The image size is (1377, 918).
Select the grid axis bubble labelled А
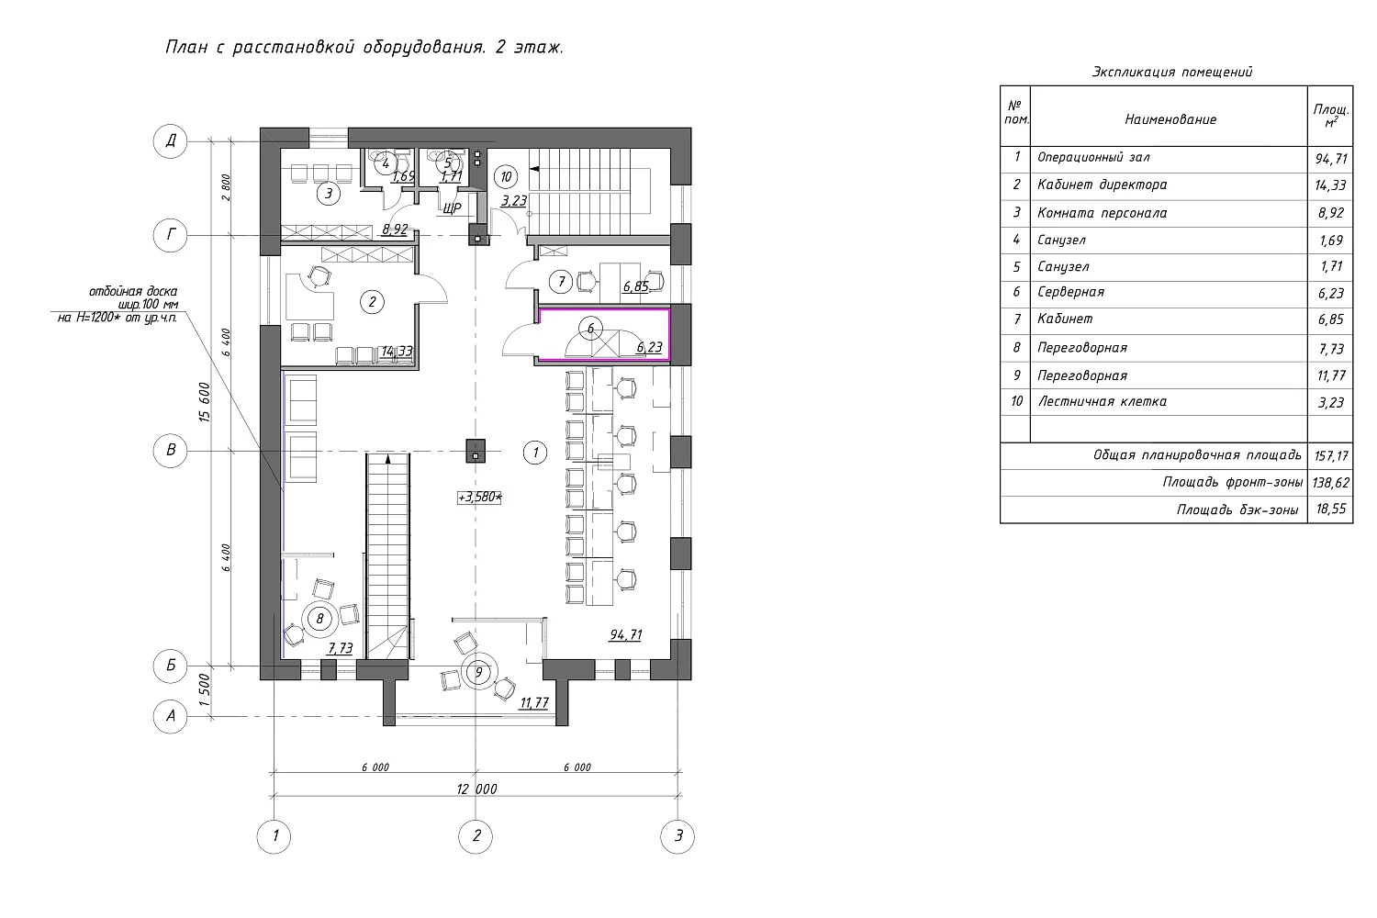(171, 717)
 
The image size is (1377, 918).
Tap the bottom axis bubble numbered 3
(678, 835)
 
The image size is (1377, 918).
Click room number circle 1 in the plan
(534, 452)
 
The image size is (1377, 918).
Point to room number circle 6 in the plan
(591, 329)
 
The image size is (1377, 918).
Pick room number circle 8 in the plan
(319, 619)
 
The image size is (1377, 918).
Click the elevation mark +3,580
(480, 498)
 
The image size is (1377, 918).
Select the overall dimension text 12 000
(476, 789)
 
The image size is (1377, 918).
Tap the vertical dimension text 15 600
(206, 401)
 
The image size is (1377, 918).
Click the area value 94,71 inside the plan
(624, 635)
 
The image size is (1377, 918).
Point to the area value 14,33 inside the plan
(397, 351)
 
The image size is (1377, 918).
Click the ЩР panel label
(452, 209)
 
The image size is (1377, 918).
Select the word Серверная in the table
(1070, 292)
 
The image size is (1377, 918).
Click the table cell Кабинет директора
(1102, 185)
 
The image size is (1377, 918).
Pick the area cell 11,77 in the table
(1329, 375)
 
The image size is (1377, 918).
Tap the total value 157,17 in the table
(1329, 455)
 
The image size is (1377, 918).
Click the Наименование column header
(1170, 119)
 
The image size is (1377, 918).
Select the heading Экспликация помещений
(1172, 72)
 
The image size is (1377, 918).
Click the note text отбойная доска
(133, 291)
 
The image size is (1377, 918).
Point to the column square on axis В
(476, 451)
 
